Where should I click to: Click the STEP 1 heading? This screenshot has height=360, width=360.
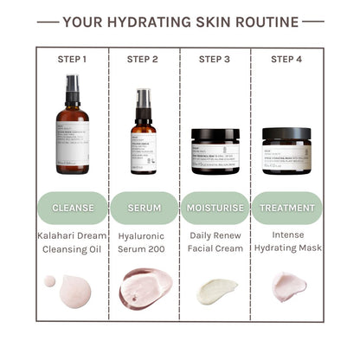pos(73,60)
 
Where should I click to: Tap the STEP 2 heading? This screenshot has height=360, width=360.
pos(144,60)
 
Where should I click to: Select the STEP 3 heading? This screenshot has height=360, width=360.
pos(215,60)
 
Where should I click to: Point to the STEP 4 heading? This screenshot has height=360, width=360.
pos(286,60)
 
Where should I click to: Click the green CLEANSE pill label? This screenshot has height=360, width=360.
pos(73,209)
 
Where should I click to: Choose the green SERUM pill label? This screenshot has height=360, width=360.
pos(144,209)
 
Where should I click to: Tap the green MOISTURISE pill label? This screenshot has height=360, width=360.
pos(215,209)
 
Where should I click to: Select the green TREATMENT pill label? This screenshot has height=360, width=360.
pos(286,209)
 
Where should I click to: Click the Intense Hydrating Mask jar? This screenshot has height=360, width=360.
pos(286,153)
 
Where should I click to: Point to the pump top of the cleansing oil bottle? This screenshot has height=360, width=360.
pos(73,87)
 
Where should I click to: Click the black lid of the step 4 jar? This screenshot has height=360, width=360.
pos(286,134)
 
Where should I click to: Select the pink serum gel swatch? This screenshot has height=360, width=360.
pos(145,287)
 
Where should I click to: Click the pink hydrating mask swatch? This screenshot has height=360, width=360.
pos(289,286)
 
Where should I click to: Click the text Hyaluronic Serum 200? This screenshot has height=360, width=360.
pos(144,241)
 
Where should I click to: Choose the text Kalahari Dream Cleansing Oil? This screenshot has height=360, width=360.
pos(73,241)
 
